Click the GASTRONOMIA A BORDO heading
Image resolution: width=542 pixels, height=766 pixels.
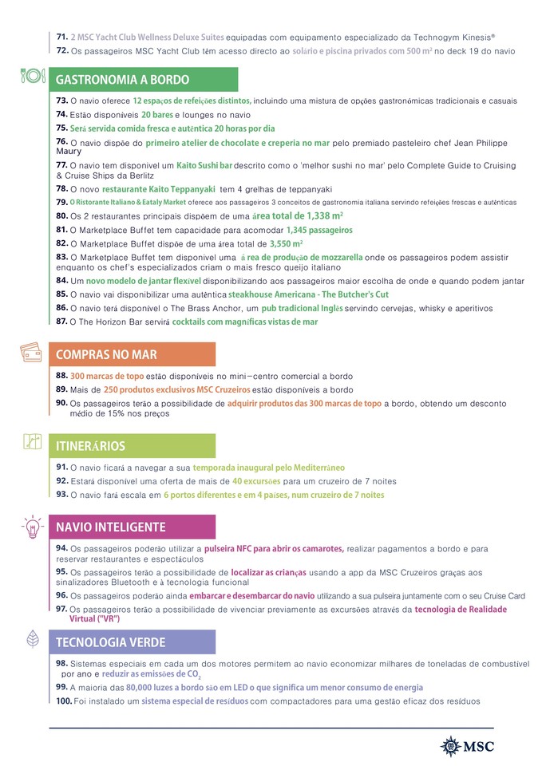coord(122,80)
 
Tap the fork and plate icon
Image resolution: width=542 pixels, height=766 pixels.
coord(30,77)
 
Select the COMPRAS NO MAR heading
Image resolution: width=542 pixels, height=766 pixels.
coord(106,354)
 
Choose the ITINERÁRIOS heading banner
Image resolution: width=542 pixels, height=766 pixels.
coord(90,445)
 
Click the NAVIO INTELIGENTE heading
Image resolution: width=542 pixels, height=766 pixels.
coord(111,527)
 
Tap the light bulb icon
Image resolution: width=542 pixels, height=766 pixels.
coord(31,526)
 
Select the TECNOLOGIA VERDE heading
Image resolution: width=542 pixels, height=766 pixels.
coord(111,642)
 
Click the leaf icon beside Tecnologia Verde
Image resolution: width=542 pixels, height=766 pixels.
coord(31,639)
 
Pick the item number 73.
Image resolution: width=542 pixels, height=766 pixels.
coord(61,101)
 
